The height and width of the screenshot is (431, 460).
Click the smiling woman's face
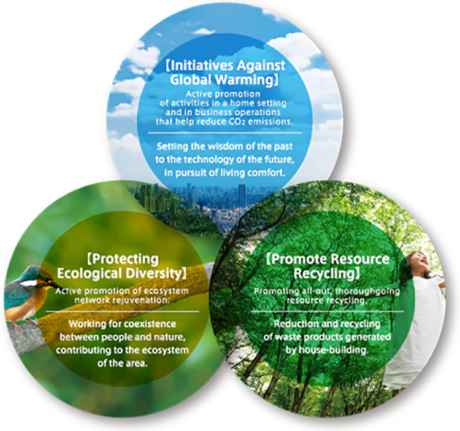coord(423,262)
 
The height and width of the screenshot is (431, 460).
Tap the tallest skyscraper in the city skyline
coord(242,195)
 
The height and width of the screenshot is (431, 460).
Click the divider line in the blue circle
coord(224,133)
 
